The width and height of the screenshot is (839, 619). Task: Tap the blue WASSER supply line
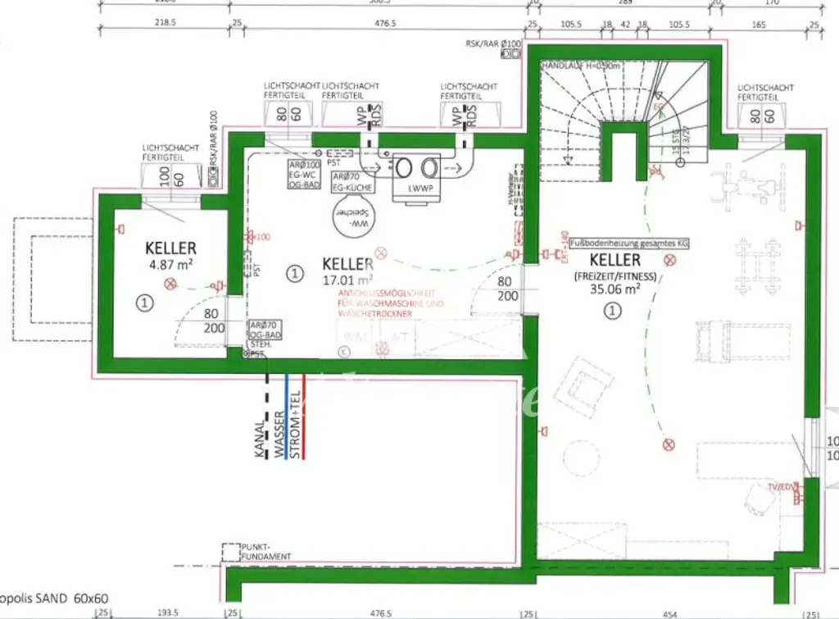(x=285, y=418)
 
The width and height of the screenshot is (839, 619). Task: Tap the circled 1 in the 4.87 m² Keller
(x=144, y=303)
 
